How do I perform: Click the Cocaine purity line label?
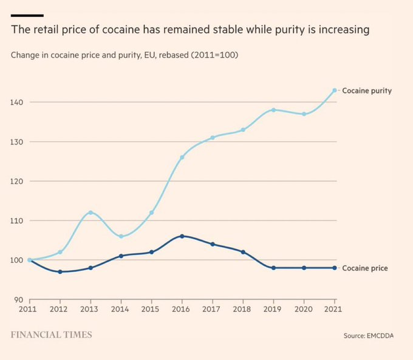click(366, 90)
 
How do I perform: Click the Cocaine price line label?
click(365, 268)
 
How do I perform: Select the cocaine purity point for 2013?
click(90, 212)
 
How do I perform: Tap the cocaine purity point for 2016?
click(182, 157)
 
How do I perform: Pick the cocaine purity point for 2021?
click(335, 90)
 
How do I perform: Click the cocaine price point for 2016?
click(182, 236)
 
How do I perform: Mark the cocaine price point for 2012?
click(60, 272)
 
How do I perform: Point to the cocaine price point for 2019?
click(273, 268)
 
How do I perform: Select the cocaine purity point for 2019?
click(273, 110)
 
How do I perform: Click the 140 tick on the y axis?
click(17, 102)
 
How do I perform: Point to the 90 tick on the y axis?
click(19, 299)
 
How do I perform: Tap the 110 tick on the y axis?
click(17, 220)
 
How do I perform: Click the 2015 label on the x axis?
click(151, 310)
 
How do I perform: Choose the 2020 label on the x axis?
click(304, 310)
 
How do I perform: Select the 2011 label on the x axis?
click(29, 310)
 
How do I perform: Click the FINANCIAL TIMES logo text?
click(52, 335)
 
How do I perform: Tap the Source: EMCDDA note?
click(368, 336)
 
